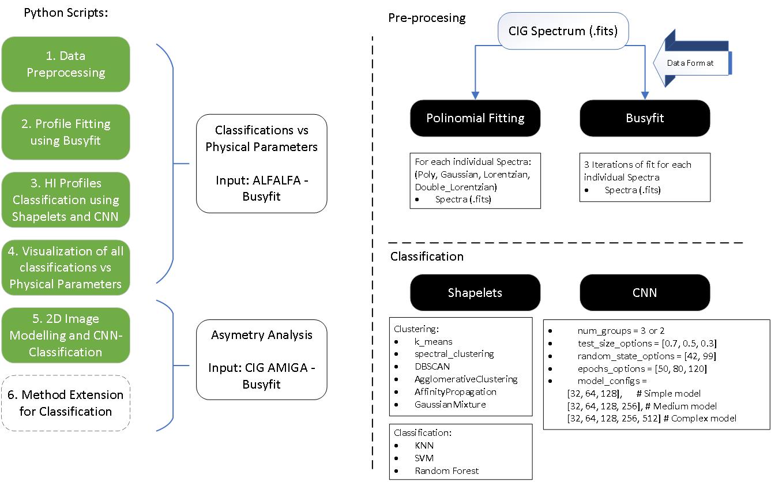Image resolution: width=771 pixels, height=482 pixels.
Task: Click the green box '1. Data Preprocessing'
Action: coord(66,65)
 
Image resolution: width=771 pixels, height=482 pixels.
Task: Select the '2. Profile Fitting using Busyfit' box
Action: coord(66,132)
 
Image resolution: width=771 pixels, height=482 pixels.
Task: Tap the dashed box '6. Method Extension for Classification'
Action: coord(66,403)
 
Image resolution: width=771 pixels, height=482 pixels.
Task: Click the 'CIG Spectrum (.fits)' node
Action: coord(563,31)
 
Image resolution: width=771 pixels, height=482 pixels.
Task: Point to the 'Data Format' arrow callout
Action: coord(692,58)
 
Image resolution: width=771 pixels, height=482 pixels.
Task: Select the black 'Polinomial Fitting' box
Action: coord(475,118)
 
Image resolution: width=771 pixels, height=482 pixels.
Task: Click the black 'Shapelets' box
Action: coord(475,293)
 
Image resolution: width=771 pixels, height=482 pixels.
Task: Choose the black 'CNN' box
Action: coord(645,293)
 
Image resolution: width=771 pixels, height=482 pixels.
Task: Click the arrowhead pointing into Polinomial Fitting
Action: coord(475,96)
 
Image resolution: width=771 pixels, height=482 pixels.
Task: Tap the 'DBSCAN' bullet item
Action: coord(432,367)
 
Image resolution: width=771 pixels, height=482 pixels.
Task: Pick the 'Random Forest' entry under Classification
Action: coord(446,470)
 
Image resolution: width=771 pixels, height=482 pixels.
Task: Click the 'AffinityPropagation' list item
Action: coord(456,392)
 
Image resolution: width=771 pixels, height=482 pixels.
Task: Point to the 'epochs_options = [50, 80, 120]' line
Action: coord(642,369)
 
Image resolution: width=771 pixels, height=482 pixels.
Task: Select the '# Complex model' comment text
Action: coord(699,419)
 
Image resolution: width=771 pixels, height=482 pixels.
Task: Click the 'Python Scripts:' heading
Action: coord(66,13)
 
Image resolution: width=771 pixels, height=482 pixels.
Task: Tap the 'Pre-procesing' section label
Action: coord(427,18)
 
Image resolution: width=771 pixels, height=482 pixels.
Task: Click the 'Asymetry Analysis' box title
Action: coord(262,335)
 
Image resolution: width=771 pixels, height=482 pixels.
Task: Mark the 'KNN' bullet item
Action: coord(424,446)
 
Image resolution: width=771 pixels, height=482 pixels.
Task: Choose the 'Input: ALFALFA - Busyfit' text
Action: coord(262,188)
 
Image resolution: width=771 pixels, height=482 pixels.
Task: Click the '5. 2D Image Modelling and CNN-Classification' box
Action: coord(66,336)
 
